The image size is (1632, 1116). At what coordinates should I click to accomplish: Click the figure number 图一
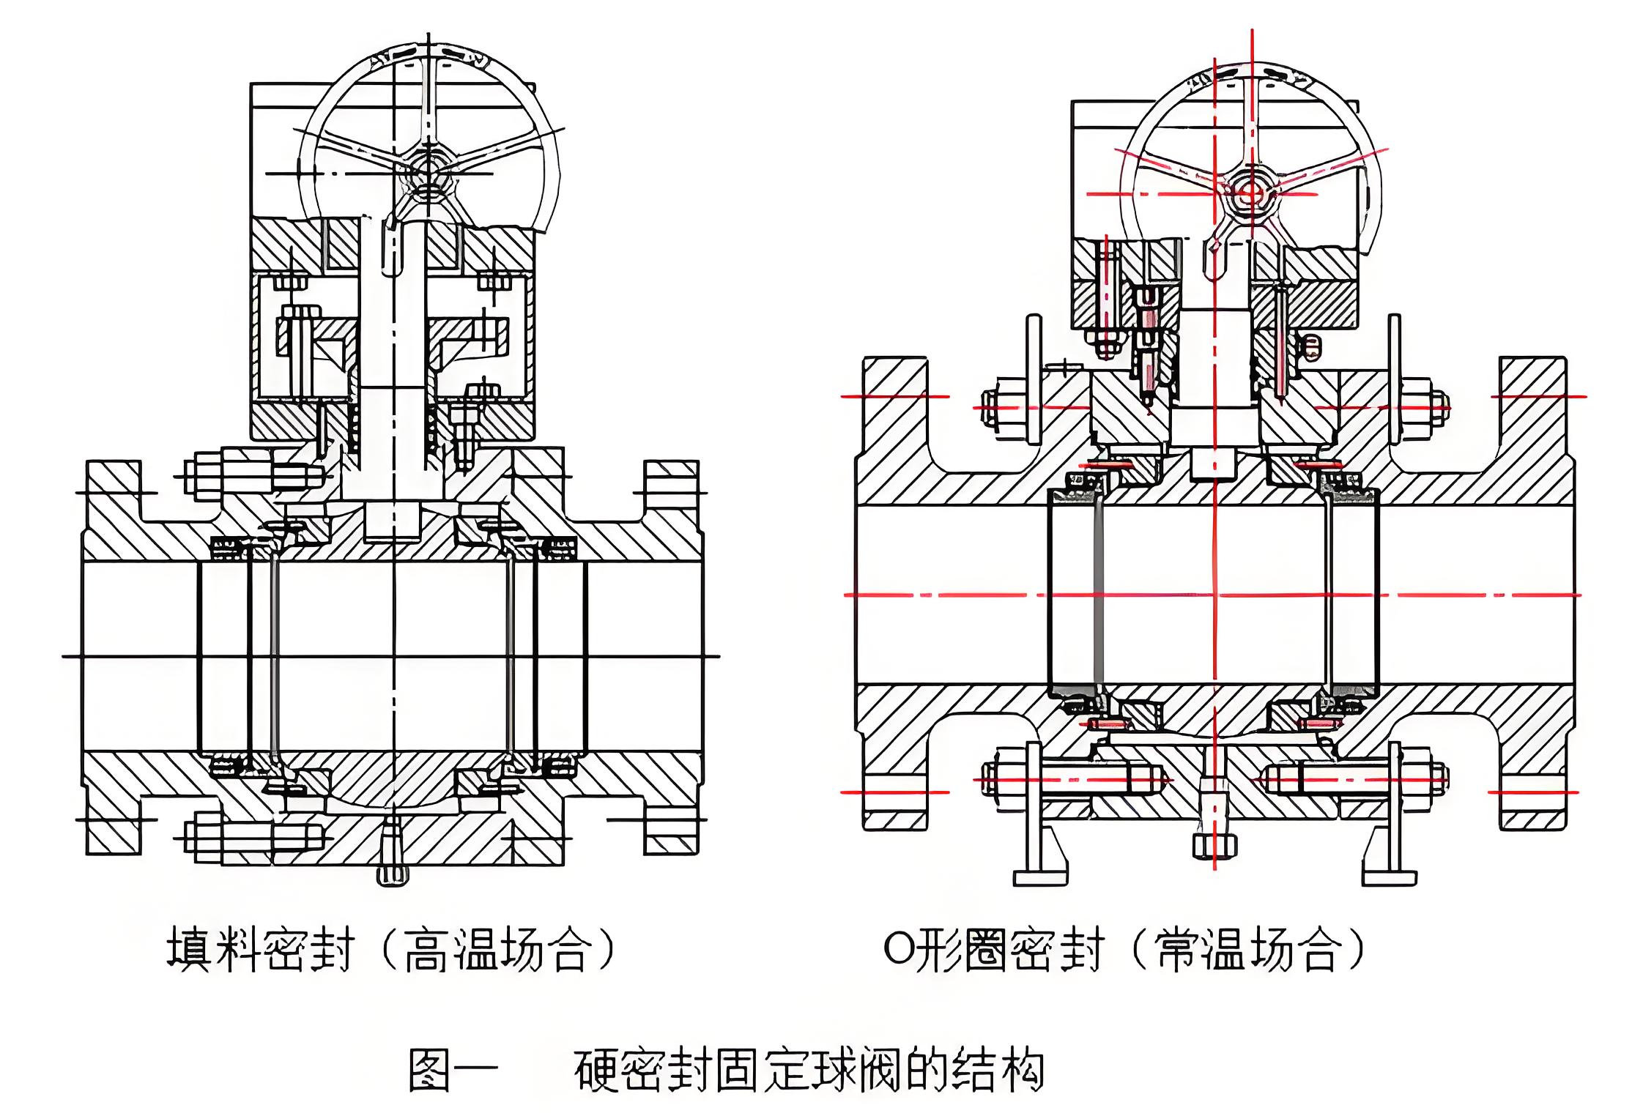pyautogui.click(x=452, y=1071)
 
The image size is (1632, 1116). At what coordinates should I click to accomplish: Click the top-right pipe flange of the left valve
pyautogui.click(x=671, y=487)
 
